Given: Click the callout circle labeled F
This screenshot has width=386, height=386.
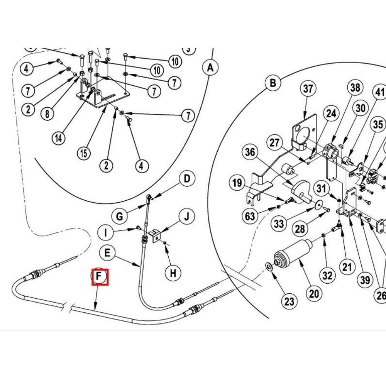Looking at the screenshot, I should point(100,276).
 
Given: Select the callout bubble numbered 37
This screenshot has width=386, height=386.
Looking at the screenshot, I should point(308,89).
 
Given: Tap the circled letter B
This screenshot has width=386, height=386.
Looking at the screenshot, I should point(273,83).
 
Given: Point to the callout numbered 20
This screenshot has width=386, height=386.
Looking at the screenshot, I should point(314,294).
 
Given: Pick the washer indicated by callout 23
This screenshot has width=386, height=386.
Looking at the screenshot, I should point(268,266).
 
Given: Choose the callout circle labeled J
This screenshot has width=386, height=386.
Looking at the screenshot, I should point(187,217).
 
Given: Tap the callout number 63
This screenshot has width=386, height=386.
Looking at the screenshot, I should point(250,216).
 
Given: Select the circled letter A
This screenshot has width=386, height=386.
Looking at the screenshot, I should point(210,68).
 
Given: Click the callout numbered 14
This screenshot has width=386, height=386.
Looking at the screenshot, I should point(59,138).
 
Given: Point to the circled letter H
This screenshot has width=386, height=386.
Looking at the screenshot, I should point(173,273).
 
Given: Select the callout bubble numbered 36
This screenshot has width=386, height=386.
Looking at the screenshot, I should point(250,152).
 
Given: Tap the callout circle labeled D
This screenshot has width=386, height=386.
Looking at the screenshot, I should point(187,179).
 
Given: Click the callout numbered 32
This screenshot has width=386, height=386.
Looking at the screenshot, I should point(327,276).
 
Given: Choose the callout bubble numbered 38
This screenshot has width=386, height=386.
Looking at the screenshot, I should point(355,88).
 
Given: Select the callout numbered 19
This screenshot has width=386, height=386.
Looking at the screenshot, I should point(237,182).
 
